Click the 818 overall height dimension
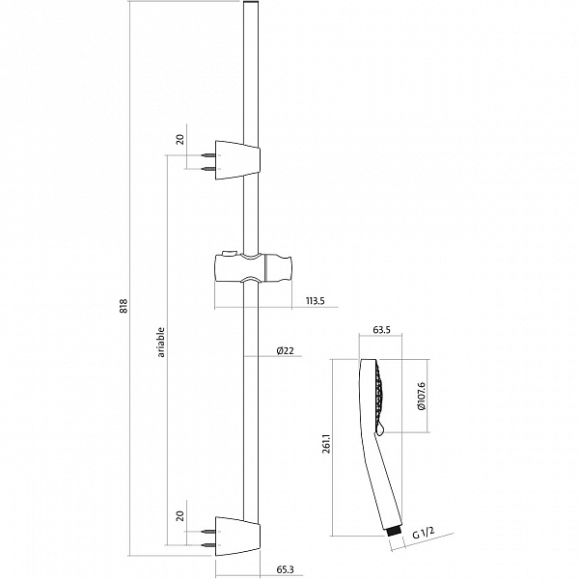(x=124, y=306)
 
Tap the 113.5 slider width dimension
(x=315, y=300)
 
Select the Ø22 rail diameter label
(x=286, y=350)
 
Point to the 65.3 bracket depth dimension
(x=285, y=569)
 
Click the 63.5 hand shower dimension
(x=381, y=330)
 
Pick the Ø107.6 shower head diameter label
(x=422, y=397)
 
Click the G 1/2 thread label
(x=424, y=533)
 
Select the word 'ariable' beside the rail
(x=161, y=342)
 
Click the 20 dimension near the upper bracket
(x=180, y=140)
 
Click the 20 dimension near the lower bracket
(x=180, y=516)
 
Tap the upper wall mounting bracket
(x=237, y=160)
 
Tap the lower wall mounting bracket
(x=237, y=537)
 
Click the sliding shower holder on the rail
(x=253, y=267)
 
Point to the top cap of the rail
(x=251, y=3)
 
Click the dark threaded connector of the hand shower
(x=395, y=532)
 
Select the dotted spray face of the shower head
(x=379, y=396)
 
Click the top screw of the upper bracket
(x=208, y=155)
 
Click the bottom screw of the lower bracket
(x=208, y=545)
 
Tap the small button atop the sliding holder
(x=228, y=253)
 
